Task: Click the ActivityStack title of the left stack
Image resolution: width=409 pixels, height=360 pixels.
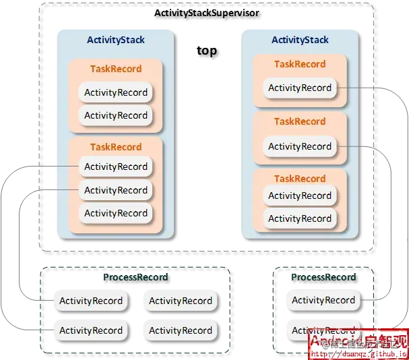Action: coord(115,40)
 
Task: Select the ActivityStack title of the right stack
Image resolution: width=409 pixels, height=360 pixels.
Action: coord(300,40)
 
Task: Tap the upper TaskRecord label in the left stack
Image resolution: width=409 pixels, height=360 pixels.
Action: coord(116,69)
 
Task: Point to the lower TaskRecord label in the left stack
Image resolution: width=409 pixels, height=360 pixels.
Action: coord(116,147)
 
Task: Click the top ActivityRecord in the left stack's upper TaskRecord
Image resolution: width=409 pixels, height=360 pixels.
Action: coord(115,92)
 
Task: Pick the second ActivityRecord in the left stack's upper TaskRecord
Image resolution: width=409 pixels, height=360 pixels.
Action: coord(115,115)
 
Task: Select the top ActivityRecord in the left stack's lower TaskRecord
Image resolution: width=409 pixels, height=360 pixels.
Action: coord(115,167)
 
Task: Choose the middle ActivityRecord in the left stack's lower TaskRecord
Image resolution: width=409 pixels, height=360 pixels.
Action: coord(115,190)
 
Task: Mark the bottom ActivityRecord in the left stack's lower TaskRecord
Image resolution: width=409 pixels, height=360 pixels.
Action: coord(115,213)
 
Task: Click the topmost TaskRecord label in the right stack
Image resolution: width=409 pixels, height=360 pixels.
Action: coord(300,64)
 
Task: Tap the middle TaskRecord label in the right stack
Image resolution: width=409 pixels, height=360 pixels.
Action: coord(300,121)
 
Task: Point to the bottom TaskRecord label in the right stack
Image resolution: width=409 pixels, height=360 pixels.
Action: coord(300,179)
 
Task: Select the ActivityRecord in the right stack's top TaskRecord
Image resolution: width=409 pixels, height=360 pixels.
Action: coord(300,88)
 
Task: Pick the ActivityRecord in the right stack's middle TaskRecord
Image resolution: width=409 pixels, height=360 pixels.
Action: coord(300,146)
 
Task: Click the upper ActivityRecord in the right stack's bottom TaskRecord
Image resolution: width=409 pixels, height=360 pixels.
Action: coord(300,196)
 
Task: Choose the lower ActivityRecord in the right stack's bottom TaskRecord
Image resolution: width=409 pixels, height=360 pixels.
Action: coord(300,218)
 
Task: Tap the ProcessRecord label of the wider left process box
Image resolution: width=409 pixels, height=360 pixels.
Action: coord(135,277)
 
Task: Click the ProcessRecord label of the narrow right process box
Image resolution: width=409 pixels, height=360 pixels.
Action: coord(323,277)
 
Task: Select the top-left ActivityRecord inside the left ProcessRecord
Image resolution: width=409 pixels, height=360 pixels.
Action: coord(91,301)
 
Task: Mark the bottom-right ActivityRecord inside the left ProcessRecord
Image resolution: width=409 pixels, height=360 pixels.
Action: coord(181,330)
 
